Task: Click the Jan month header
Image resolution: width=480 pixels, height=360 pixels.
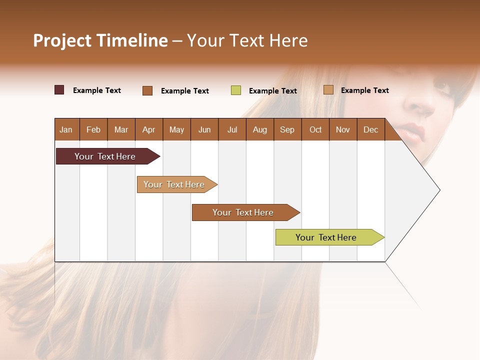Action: pyautogui.click(x=66, y=129)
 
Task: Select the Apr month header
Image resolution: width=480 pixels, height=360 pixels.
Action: pyautogui.click(x=148, y=129)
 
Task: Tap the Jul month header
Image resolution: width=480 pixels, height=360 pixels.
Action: pyautogui.click(x=232, y=129)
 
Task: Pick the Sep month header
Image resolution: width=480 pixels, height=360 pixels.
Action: pyautogui.click(x=287, y=129)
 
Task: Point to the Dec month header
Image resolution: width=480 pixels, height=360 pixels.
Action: pyautogui.click(x=370, y=129)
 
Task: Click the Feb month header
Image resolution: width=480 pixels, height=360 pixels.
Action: pyautogui.click(x=93, y=129)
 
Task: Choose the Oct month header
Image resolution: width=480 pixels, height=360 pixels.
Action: pyautogui.click(x=315, y=129)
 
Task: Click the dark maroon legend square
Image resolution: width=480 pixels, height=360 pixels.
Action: pyautogui.click(x=59, y=90)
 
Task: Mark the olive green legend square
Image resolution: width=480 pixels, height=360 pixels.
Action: pyautogui.click(x=236, y=90)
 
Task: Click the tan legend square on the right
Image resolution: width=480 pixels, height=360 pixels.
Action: pyautogui.click(x=328, y=90)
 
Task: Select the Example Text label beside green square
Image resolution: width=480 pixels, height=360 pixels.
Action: pyautogui.click(x=272, y=91)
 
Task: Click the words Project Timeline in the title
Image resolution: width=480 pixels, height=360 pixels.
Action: pyautogui.click(x=100, y=40)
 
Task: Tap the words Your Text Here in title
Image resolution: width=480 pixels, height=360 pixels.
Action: pyautogui.click(x=247, y=40)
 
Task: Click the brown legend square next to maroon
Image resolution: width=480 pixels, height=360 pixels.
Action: pyautogui.click(x=147, y=90)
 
